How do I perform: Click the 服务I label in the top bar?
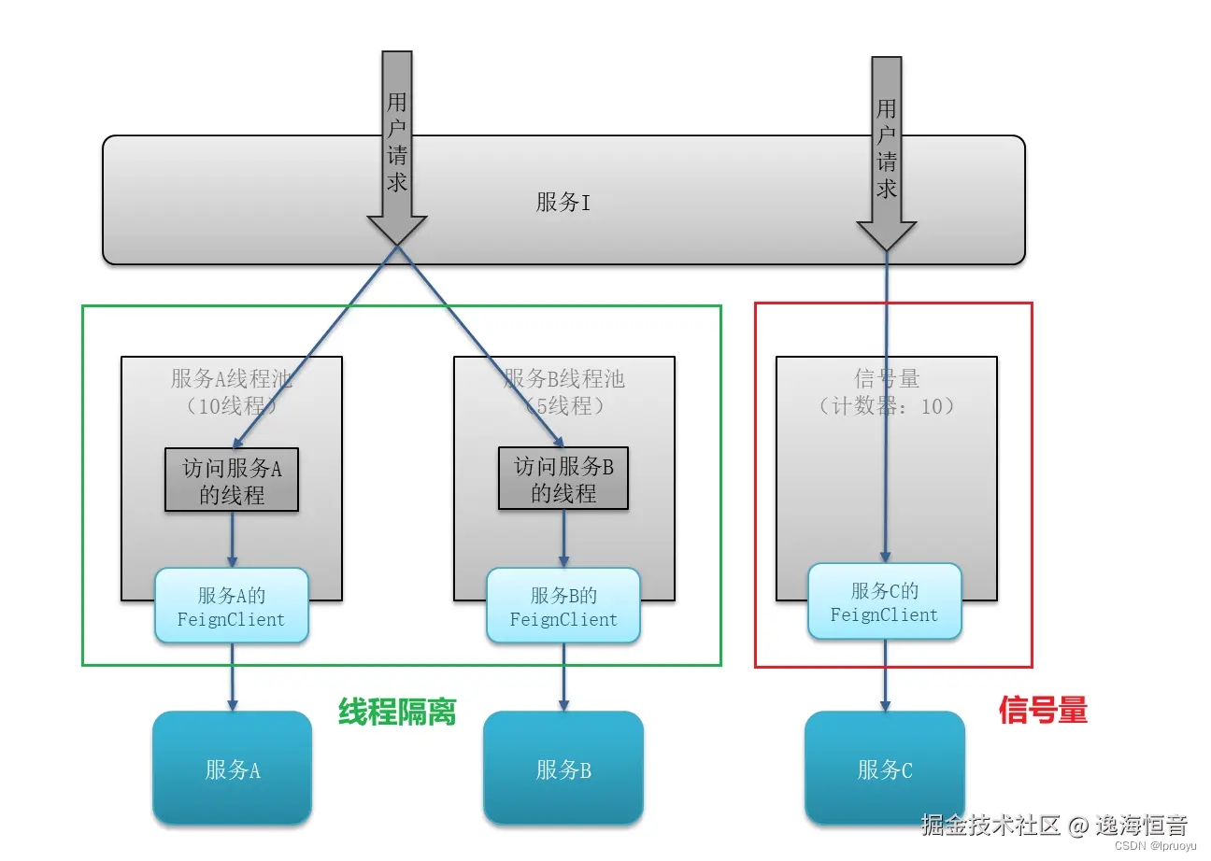[563, 202]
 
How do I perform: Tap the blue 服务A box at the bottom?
[232, 768]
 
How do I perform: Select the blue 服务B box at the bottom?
[563, 768]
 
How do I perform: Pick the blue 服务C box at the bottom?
[884, 768]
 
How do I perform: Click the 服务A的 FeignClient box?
[232, 606]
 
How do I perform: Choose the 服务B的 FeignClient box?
[563, 606]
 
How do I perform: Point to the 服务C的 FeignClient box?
[884, 602]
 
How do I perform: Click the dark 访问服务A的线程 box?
[232, 480]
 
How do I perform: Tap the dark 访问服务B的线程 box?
[563, 480]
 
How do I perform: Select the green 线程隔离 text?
[397, 713]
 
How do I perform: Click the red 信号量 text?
[1043, 711]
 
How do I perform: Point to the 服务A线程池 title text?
[232, 378]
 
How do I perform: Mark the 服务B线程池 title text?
[563, 378]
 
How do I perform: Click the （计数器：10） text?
[886, 406]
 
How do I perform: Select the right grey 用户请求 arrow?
[886, 149]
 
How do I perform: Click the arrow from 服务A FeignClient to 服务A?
[232, 676]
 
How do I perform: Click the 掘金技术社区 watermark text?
[990, 826]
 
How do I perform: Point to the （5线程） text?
[563, 406]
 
